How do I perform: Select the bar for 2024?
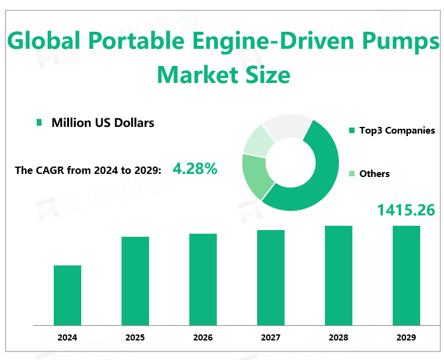tap(67, 295)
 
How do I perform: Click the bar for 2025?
tap(135, 281)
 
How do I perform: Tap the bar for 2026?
tap(203, 279)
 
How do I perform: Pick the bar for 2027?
tap(271, 278)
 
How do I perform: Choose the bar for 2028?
tap(338, 275)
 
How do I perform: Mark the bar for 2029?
tap(406, 275)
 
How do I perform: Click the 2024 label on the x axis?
tap(67, 337)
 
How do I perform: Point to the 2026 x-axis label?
tap(203, 337)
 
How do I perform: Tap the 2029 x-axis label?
tap(406, 337)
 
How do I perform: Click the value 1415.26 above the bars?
tap(406, 211)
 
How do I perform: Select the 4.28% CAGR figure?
tap(195, 168)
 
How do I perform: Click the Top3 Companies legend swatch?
tap(352, 131)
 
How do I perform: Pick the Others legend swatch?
tap(352, 174)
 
